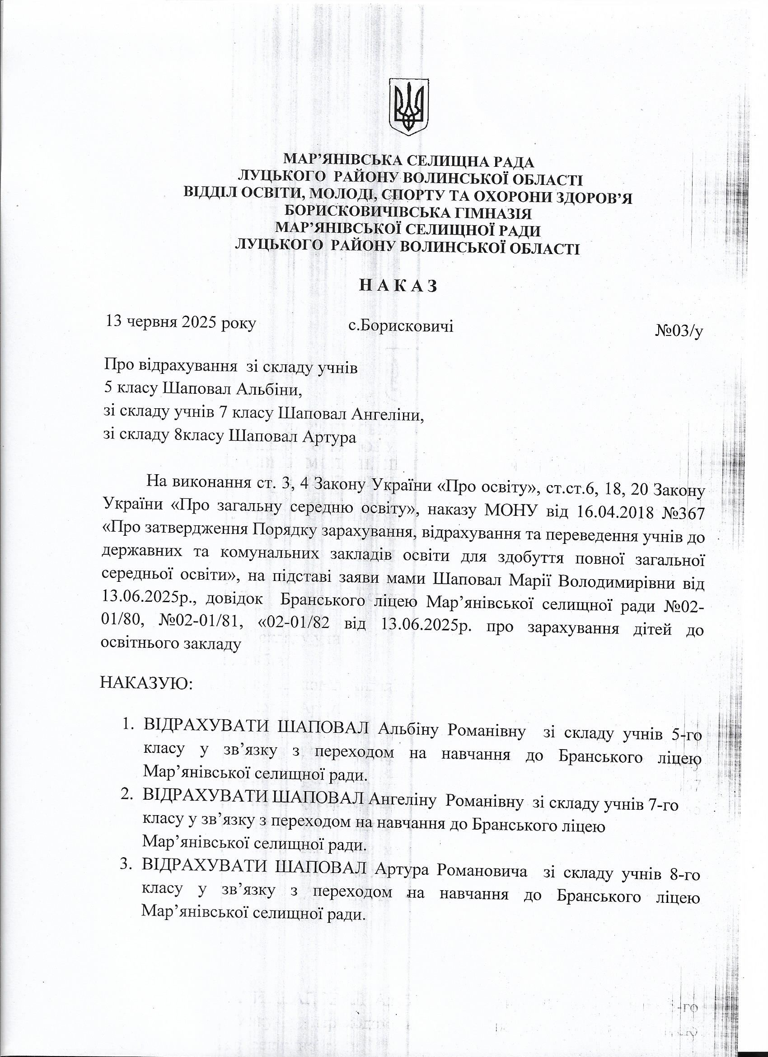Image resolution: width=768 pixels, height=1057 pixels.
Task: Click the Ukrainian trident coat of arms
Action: point(408,107)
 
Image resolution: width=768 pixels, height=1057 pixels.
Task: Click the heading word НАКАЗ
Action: point(383,285)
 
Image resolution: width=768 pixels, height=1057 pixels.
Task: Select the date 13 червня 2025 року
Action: point(181,322)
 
